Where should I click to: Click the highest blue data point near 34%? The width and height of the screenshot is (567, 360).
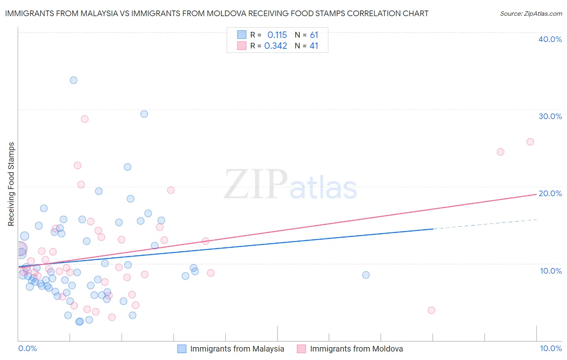coord(73,80)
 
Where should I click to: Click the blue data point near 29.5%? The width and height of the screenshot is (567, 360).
coord(144,114)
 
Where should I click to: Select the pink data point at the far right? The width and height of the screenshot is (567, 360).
coord(530,142)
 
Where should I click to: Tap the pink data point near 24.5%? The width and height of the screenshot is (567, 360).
coord(500,152)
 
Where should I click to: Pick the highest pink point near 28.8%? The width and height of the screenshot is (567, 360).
coord(85,119)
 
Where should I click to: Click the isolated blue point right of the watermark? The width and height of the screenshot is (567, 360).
coord(366,275)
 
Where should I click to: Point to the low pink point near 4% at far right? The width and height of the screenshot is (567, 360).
coord(432,310)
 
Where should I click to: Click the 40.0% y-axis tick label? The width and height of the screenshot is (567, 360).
coord(550,39)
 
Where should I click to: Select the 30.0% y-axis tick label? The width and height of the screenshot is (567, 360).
coord(550,116)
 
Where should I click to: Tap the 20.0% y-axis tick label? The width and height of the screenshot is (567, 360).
coord(550,193)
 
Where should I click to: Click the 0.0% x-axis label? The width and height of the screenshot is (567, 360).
coord(27,348)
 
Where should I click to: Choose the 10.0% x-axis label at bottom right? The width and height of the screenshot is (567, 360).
coord(550,348)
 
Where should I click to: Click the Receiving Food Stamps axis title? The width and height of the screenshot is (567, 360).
coord(11,184)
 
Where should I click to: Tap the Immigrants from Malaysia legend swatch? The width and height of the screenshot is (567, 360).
coord(182,349)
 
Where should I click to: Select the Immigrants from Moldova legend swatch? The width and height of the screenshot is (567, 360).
coord(301,349)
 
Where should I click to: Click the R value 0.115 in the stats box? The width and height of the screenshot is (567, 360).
coord(277,35)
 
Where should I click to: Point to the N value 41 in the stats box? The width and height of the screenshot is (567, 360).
coord(314,46)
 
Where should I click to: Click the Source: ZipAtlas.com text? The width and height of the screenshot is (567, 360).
coord(531,14)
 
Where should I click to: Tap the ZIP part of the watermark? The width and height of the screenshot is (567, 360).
coord(255,185)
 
